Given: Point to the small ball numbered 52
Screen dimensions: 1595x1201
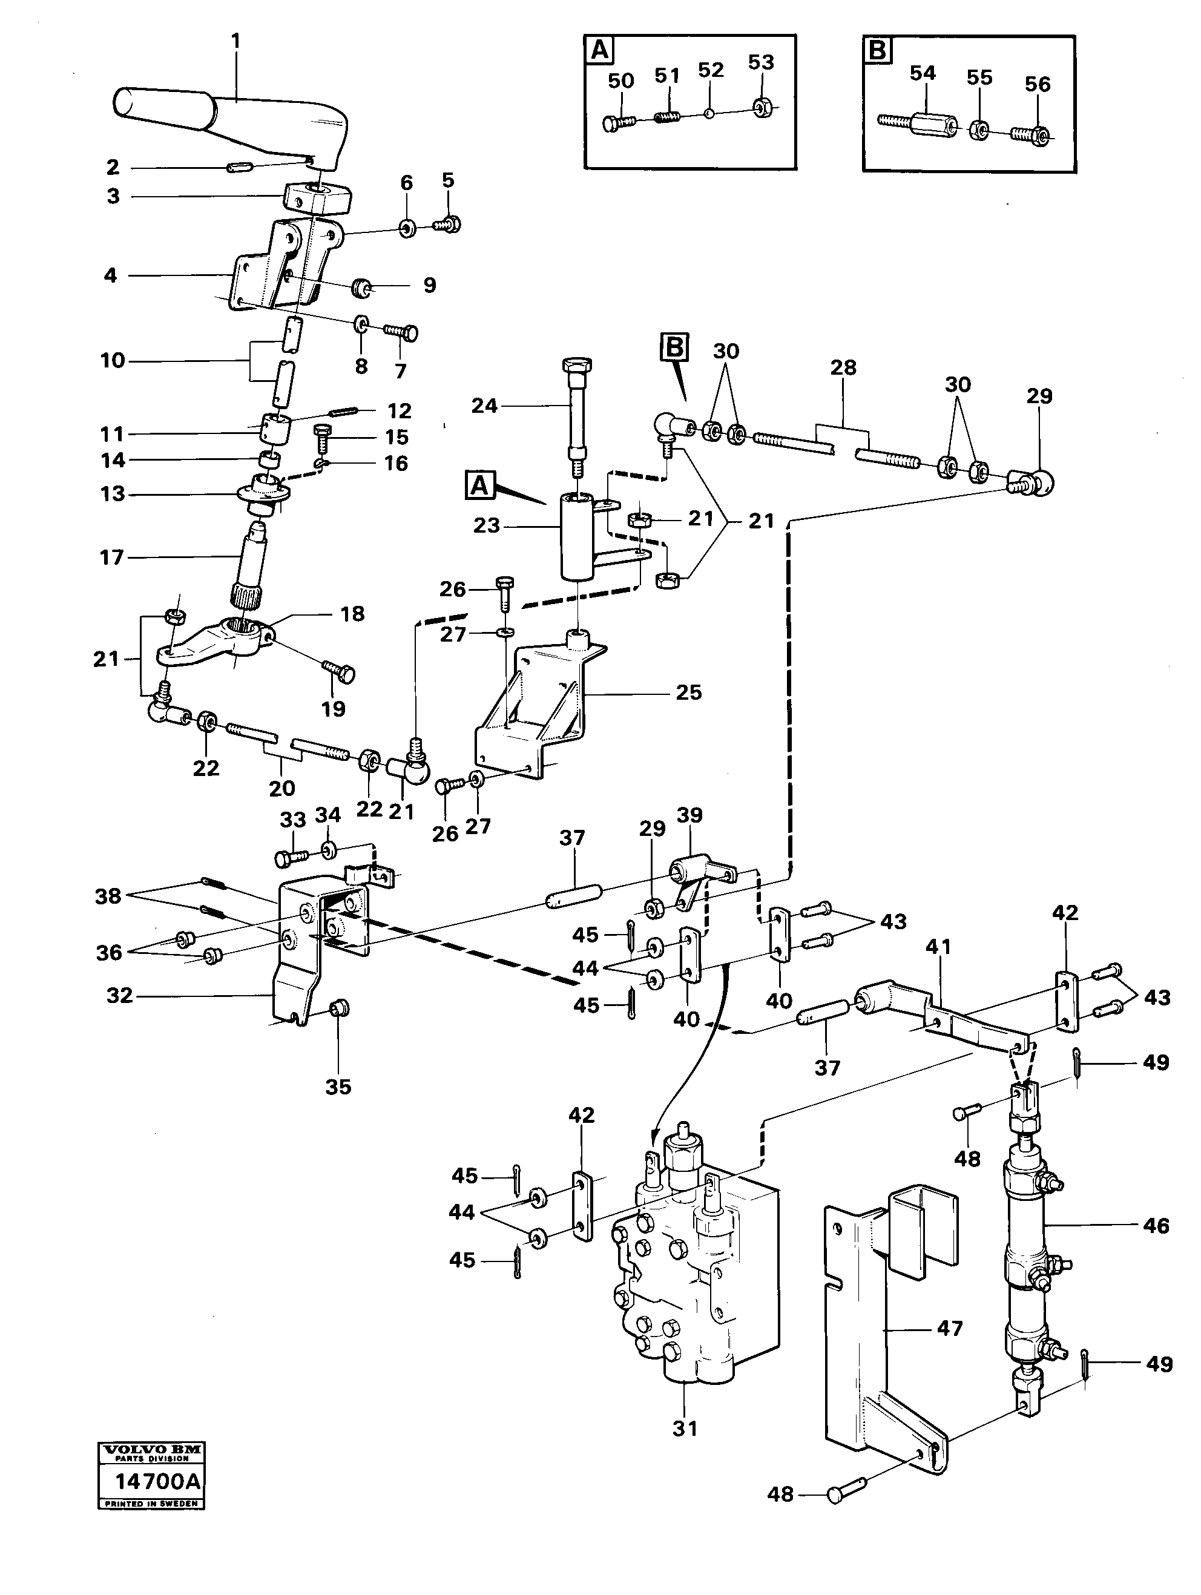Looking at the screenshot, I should tap(709, 113).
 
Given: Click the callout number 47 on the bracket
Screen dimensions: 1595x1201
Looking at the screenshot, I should tap(949, 1327).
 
